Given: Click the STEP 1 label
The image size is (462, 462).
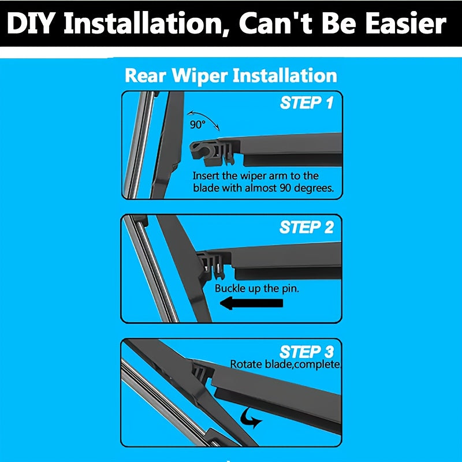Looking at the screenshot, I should pyautogui.click(x=307, y=103).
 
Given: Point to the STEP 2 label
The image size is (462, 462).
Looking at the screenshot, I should pyautogui.click(x=307, y=227).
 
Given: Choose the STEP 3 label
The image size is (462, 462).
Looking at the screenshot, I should pyautogui.click(x=307, y=352).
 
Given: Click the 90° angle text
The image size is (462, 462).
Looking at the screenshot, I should pyautogui.click(x=197, y=124).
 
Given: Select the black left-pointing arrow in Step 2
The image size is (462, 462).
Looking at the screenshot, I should pyautogui.click(x=243, y=303).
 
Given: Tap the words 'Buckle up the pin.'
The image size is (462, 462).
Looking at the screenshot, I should pyautogui.click(x=257, y=288).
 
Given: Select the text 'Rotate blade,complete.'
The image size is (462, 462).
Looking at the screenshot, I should pyautogui.click(x=286, y=364).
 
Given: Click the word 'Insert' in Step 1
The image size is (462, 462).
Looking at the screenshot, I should pyautogui.click(x=206, y=176).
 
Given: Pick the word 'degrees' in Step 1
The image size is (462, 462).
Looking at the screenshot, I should pyautogui.click(x=314, y=188).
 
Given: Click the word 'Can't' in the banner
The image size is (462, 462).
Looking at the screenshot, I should pyautogui.click(x=272, y=24).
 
